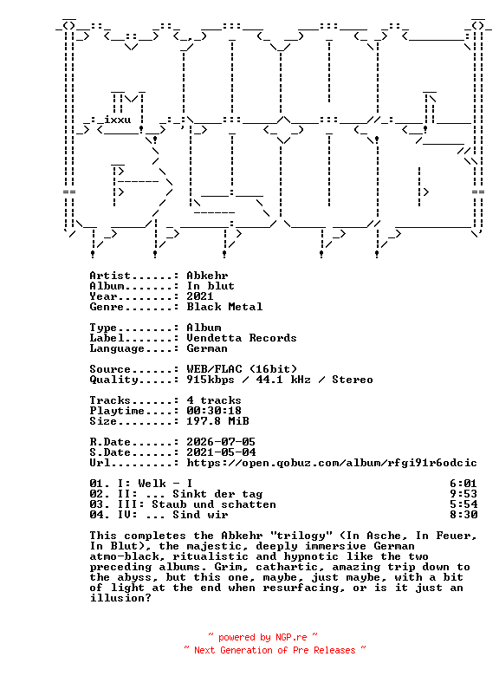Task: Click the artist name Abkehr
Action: tap(207, 276)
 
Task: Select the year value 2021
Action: tap(200, 296)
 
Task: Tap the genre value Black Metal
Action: tap(224, 307)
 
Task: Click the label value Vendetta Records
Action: tap(242, 338)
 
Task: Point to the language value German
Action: tap(207, 348)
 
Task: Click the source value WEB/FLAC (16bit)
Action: tap(242, 369)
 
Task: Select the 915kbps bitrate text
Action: tap(211, 380)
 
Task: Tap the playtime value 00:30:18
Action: tap(214, 411)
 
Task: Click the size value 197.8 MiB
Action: tap(217, 421)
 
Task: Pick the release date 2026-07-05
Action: tap(221, 442)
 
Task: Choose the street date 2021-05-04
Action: tap(221, 452)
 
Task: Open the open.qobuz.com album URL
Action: tap(332, 463)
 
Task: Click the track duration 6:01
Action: tap(463, 484)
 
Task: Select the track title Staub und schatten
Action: tap(214, 504)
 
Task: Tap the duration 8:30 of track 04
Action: tap(463, 515)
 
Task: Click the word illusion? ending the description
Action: tap(120, 598)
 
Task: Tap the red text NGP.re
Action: tap(291, 637)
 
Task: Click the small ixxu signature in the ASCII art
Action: tap(118, 120)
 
